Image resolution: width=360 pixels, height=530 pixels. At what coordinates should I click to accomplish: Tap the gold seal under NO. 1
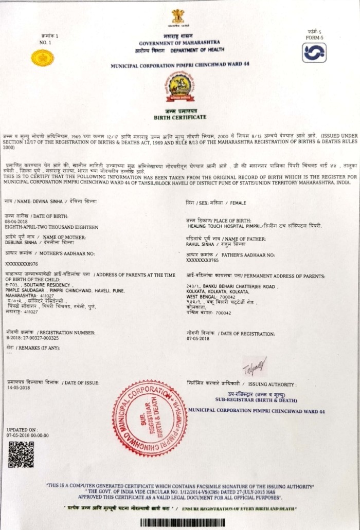point(42,58)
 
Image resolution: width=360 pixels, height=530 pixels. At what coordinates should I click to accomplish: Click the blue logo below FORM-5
point(314,53)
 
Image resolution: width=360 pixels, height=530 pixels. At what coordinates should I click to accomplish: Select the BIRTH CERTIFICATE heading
point(179,117)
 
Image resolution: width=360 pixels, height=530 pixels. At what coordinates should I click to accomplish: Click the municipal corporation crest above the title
point(179,87)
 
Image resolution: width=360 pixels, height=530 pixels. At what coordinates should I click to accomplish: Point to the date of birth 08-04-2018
point(16,221)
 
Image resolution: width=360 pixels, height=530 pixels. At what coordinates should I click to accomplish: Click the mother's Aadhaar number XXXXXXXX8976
point(22,264)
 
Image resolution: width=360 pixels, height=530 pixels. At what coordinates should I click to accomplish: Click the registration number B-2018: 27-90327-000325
point(32,338)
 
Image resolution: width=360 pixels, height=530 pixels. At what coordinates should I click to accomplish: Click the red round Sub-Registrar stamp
point(150,418)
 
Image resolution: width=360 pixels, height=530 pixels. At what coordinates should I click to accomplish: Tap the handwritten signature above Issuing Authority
point(256,366)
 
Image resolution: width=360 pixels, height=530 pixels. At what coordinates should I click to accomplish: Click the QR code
point(21,454)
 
